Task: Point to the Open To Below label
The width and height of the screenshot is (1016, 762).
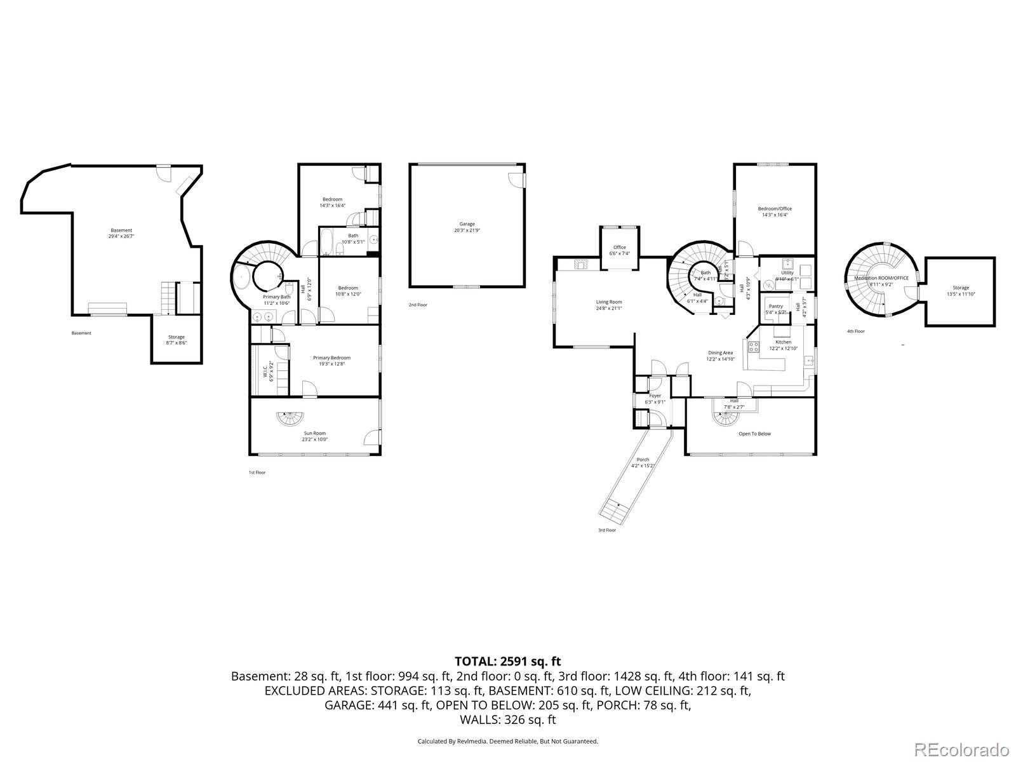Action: click(x=754, y=434)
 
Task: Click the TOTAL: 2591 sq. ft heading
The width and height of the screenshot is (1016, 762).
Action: click(x=507, y=662)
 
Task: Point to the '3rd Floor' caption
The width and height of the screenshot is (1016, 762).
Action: click(x=606, y=530)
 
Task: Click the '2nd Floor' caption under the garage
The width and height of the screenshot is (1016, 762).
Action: click(x=418, y=305)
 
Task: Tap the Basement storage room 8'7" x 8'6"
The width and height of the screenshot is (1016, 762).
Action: click(x=176, y=340)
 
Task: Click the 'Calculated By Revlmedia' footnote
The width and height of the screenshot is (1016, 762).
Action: click(x=507, y=740)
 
